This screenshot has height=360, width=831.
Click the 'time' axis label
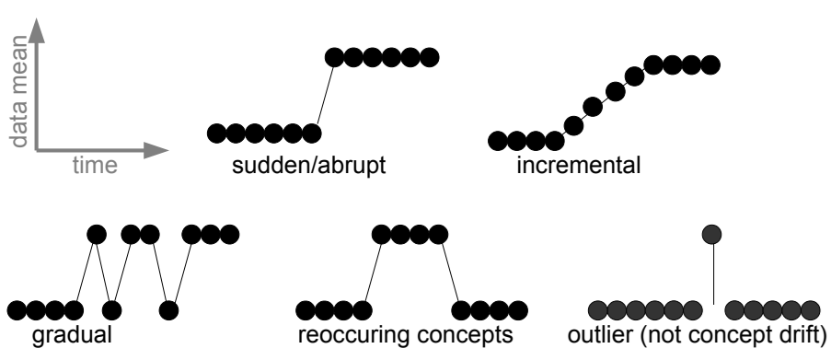click(x=94, y=166)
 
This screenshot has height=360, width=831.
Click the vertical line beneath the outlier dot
click(x=713, y=276)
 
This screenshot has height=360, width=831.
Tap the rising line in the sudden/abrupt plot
click(x=320, y=95)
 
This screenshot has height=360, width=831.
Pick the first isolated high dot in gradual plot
click(x=95, y=234)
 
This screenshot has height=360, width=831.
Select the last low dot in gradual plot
click(x=168, y=308)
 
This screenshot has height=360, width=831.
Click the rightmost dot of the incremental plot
click(x=709, y=64)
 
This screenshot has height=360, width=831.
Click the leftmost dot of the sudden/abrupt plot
click(x=216, y=133)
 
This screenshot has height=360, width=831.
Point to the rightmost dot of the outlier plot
click(x=810, y=308)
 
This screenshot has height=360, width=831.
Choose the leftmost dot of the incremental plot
click(x=496, y=141)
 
